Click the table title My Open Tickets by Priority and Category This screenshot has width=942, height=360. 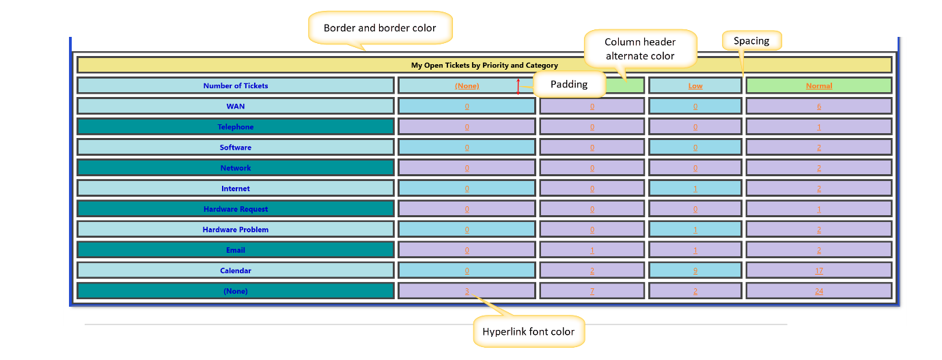[484, 66]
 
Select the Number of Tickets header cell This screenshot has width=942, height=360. [236, 86]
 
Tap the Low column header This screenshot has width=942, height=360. [695, 86]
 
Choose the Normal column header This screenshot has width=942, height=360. [818, 86]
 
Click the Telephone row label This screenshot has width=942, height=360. [236, 127]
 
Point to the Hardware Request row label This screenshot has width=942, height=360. [236, 209]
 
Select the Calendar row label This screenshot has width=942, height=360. [236, 271]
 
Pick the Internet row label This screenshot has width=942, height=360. [236, 189]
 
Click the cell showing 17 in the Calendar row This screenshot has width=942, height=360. [818, 271]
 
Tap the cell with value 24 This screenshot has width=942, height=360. [818, 291]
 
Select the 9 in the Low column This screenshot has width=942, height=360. [695, 271]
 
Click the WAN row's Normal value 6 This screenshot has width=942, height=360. [818, 107]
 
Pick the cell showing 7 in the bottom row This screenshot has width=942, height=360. [592, 291]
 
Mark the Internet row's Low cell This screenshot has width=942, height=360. [695, 189]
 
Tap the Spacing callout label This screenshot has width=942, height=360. [751, 41]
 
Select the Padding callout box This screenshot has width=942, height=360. [569, 84]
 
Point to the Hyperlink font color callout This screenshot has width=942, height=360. [528, 332]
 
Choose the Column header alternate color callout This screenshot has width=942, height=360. [640, 49]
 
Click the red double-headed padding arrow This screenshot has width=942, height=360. [518, 86]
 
